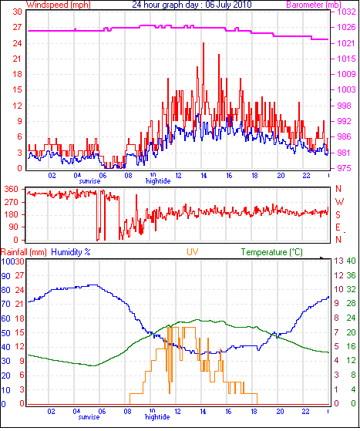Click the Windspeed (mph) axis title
[x=59, y=5]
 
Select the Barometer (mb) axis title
[x=314, y=5]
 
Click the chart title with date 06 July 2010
[x=191, y=5]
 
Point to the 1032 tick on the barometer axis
[x=346, y=12]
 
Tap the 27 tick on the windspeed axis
[x=17, y=27]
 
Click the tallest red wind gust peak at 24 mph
[x=204, y=43]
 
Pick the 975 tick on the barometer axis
[x=344, y=168]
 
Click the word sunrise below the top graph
[x=89, y=181]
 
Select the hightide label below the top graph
[x=158, y=181]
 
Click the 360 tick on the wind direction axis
[x=12, y=189]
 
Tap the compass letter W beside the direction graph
[x=339, y=202]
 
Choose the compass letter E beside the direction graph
[x=338, y=227]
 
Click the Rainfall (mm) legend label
[x=24, y=252]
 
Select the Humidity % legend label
[x=71, y=252]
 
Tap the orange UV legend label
[x=193, y=252]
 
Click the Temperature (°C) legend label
[x=272, y=252]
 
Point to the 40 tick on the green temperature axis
[x=351, y=261]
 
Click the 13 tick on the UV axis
[x=339, y=261]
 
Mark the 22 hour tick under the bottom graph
[x=305, y=412]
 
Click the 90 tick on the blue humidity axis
[x=5, y=276]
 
